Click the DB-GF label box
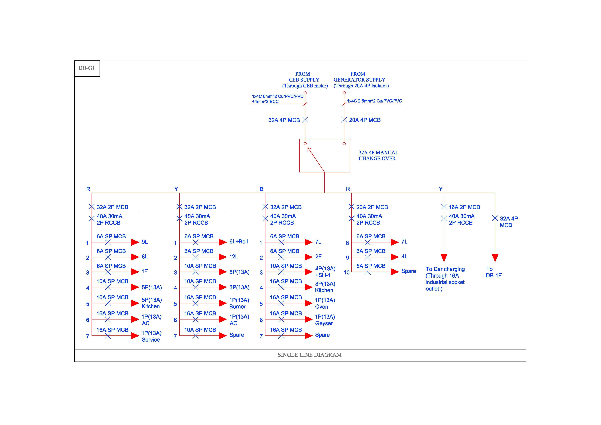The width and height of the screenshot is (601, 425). [87, 68]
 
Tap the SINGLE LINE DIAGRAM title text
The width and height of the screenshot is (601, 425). [309, 355]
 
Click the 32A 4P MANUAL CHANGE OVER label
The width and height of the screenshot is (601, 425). [378, 156]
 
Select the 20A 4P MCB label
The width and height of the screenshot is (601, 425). [365, 120]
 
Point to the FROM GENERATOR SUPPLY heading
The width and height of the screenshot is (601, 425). [359, 77]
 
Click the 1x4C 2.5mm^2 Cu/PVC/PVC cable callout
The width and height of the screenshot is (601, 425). [374, 101]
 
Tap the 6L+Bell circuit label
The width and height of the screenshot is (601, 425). [238, 242]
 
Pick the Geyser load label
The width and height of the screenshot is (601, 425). [324, 323]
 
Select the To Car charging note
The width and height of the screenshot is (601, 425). [445, 279]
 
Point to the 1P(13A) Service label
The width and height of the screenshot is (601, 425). [151, 336]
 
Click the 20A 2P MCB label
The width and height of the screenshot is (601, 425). [372, 207]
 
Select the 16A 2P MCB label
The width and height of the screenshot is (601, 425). [464, 207]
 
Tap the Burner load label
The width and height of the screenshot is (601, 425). [237, 307]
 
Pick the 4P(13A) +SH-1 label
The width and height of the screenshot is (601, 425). [325, 272]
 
